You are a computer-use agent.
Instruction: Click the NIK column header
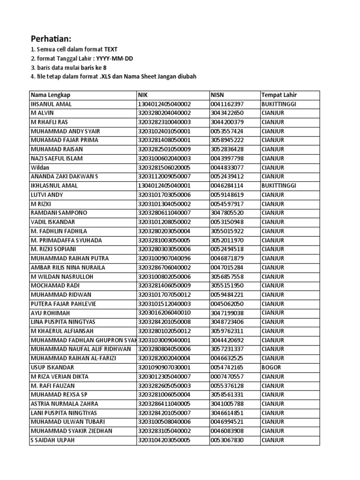point(142,95)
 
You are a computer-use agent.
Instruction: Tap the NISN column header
point(218,95)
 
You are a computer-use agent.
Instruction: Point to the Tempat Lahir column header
point(279,95)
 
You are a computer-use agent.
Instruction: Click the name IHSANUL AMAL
point(51,104)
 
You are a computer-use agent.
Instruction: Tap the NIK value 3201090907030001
point(164,367)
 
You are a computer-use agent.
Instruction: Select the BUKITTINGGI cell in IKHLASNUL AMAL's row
point(279,186)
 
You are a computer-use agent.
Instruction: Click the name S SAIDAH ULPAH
point(52,440)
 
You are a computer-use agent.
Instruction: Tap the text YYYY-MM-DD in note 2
point(116,58)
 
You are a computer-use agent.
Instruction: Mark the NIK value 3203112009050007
point(164,177)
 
